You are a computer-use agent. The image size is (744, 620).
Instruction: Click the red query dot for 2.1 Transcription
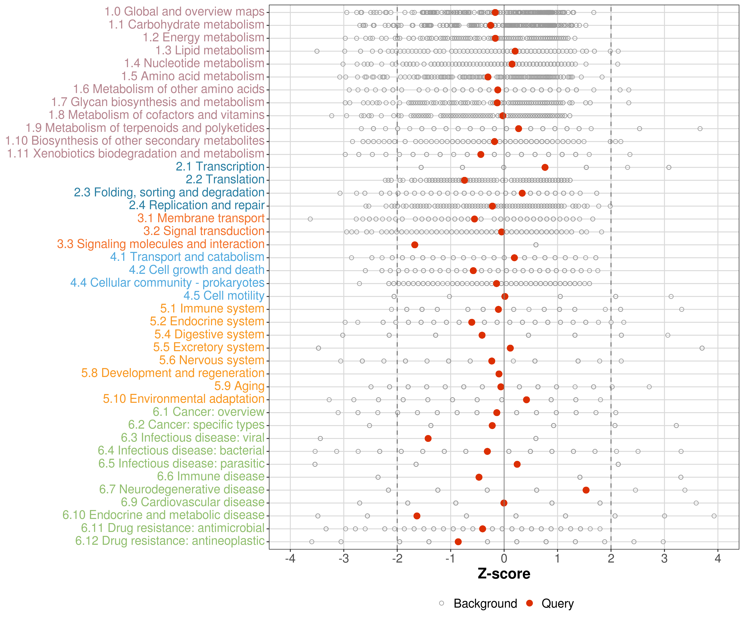coord(545,167)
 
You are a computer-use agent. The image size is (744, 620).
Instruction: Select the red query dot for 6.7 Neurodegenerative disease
coord(586,490)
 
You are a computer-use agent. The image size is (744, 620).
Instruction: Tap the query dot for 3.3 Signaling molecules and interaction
coord(415,245)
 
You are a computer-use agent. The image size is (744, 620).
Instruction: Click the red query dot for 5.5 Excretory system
coord(510,348)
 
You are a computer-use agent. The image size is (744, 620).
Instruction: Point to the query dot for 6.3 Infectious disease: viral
coord(428,438)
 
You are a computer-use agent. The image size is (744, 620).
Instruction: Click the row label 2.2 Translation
coord(225,179)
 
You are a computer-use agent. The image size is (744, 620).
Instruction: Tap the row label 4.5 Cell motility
coord(224,296)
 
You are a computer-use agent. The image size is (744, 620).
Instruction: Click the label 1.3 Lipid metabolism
coord(210,50)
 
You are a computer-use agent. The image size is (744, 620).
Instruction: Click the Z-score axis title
coord(504,573)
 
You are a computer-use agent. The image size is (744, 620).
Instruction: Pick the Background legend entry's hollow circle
coord(441,603)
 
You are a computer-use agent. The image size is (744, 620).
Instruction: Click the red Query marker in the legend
coord(530,603)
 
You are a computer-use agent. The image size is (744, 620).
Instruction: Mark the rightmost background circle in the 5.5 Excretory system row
coord(702,348)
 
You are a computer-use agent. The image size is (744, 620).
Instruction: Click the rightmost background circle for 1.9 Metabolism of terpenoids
coord(700,128)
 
